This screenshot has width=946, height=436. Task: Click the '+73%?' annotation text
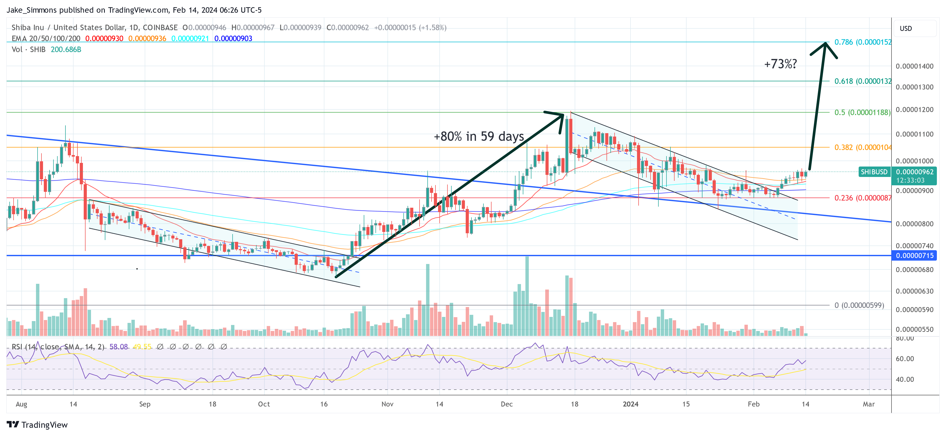pos(780,64)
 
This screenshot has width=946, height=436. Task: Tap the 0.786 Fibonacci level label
pos(862,42)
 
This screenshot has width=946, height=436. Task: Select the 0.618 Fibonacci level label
pos(862,81)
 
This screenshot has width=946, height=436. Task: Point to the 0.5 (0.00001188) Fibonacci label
pos(862,112)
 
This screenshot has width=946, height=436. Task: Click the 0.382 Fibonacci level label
pos(862,148)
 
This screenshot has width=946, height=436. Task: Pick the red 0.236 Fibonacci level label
pos(862,198)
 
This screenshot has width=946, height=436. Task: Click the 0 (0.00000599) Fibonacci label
pos(859,305)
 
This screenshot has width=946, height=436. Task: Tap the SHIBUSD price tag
pos(874,172)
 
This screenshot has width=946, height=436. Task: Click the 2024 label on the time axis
pos(630,404)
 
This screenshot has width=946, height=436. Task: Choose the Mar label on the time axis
pos(869,404)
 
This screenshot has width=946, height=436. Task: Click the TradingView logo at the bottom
pos(38,425)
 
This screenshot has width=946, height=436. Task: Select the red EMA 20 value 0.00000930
pos(104,39)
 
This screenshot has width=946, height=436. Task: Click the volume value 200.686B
pos(66,50)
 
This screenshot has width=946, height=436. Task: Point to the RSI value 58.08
pos(119,347)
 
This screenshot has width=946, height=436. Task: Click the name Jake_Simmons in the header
pos(32,10)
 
